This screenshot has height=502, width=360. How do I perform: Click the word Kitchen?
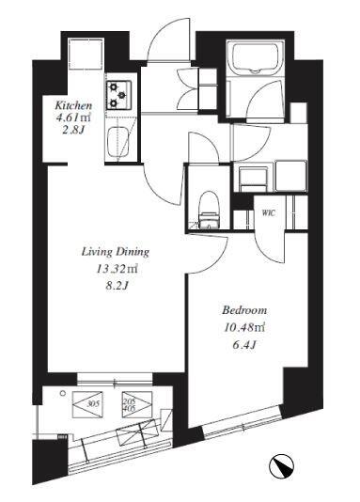[73, 105]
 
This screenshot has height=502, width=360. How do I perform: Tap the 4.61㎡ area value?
[73, 118]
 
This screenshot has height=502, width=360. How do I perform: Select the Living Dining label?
[116, 252]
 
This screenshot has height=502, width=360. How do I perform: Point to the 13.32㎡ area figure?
[117, 269]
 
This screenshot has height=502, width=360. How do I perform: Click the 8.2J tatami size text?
[117, 286]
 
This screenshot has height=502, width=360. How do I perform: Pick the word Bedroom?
[244, 310]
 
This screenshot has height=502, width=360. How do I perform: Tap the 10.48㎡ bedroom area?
[244, 327]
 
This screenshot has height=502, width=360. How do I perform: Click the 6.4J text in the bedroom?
[245, 344]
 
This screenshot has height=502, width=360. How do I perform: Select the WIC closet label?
[269, 212]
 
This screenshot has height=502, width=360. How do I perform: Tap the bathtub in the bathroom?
[256, 57]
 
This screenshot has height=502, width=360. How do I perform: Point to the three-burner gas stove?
[119, 95]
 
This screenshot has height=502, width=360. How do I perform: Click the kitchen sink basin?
[117, 143]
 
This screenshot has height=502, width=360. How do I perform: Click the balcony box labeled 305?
[88, 404]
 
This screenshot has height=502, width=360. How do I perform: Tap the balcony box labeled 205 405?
[137, 404]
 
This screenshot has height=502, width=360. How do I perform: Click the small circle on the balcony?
[63, 393]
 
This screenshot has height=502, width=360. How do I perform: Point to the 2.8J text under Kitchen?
[73, 131]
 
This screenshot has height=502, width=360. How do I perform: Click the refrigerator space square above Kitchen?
[86, 55]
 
